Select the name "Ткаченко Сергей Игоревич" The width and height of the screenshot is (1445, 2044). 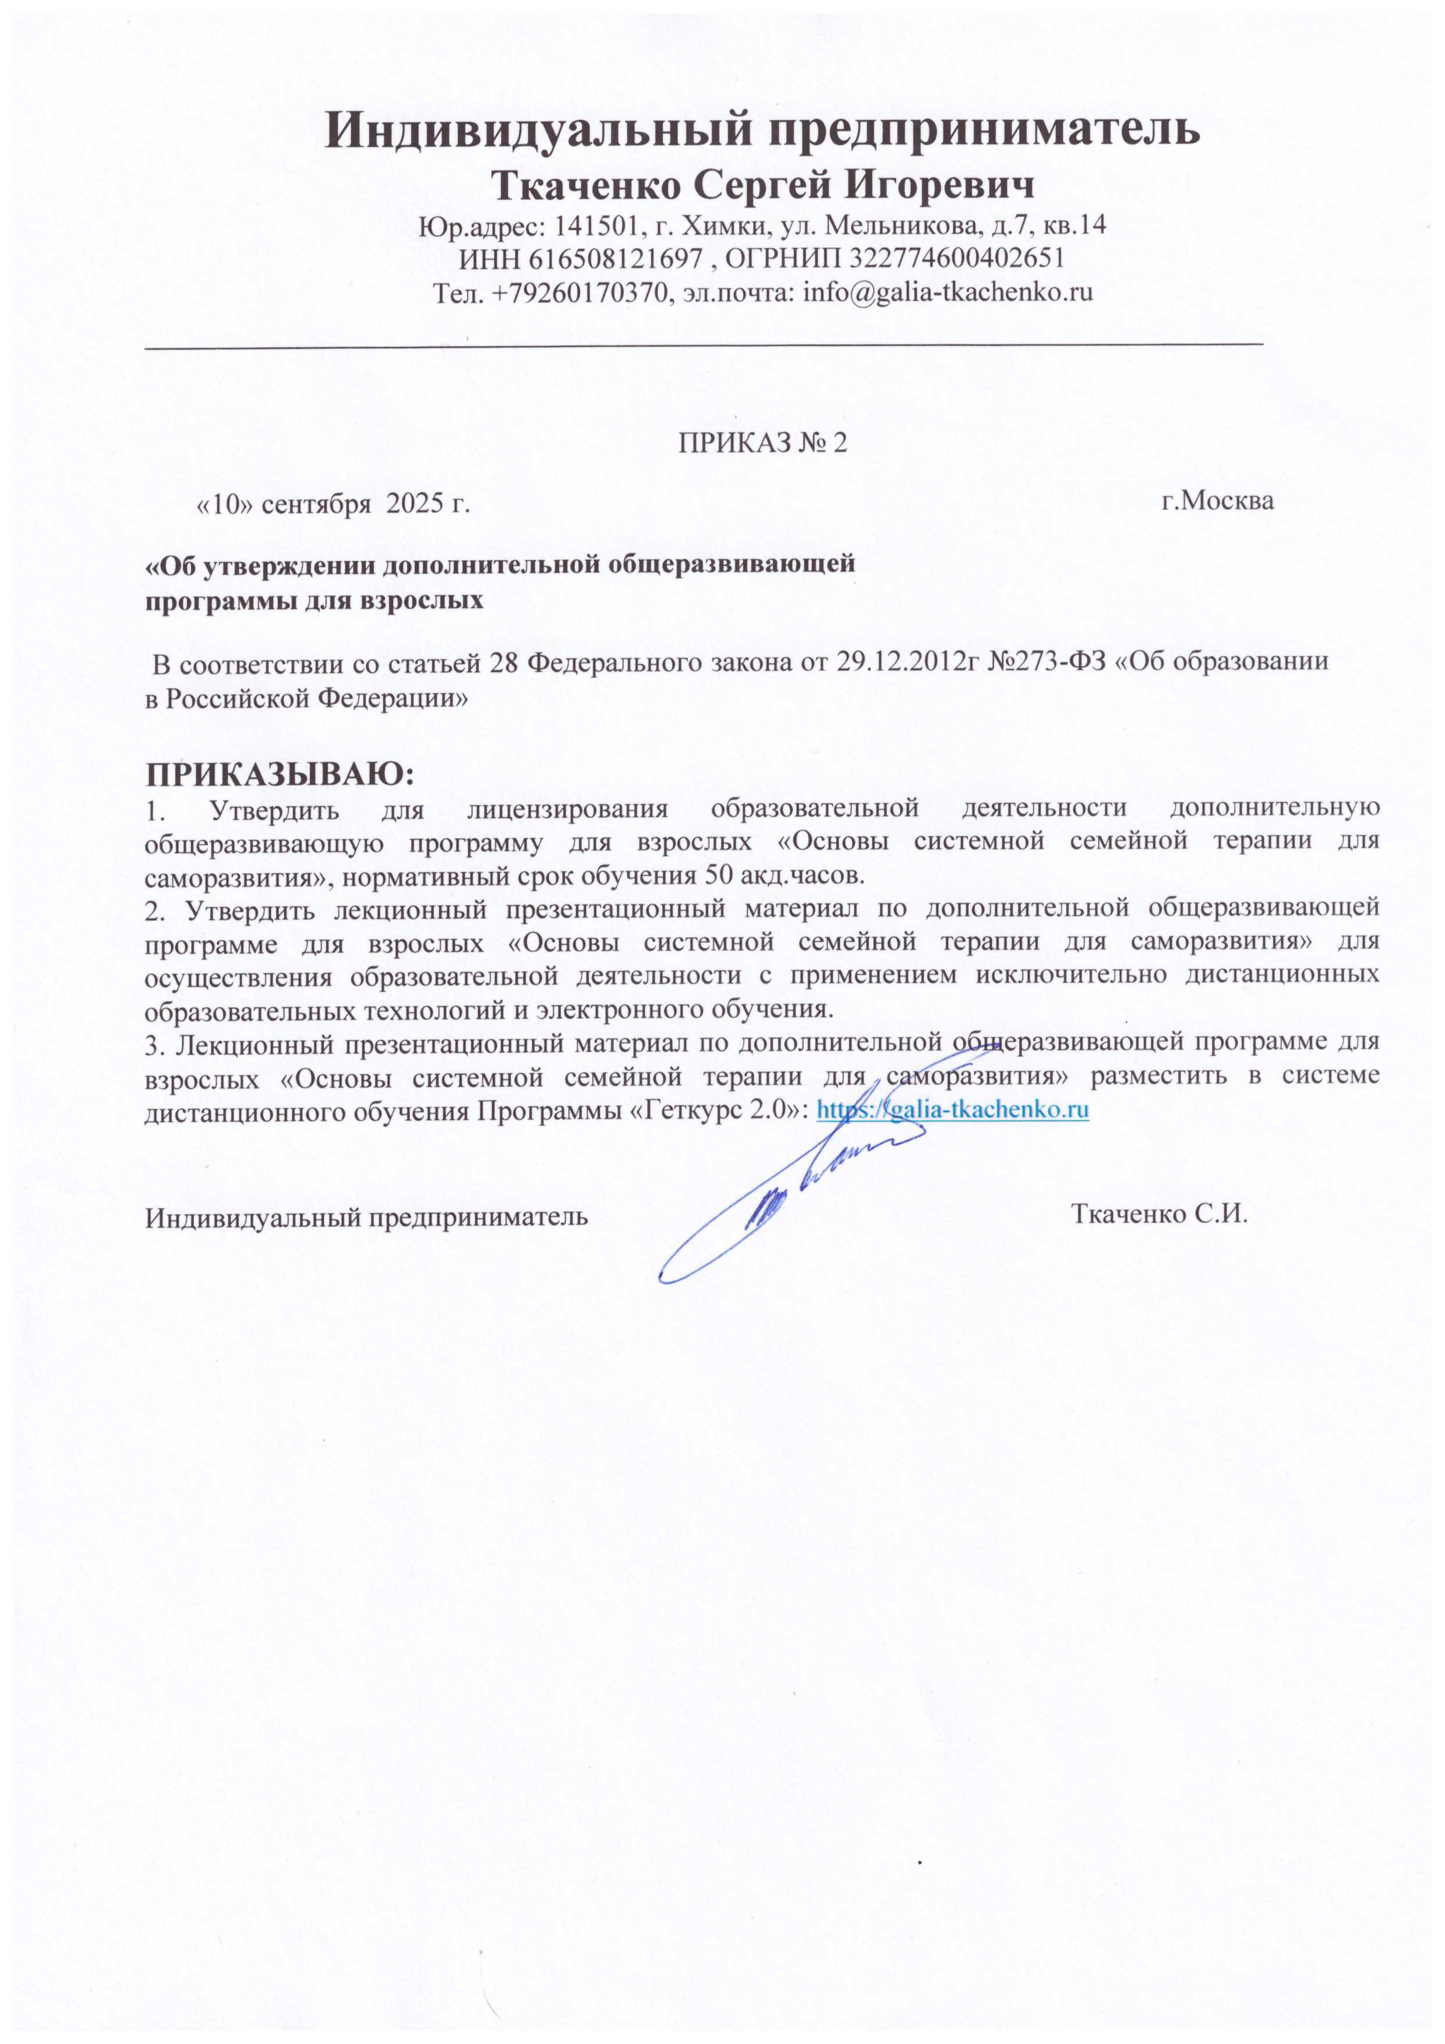[x=764, y=186]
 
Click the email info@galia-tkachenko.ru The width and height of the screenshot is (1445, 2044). [x=948, y=292]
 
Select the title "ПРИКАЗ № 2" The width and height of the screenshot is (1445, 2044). [x=762, y=444]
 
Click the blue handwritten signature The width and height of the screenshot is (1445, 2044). [x=783, y=1193]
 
